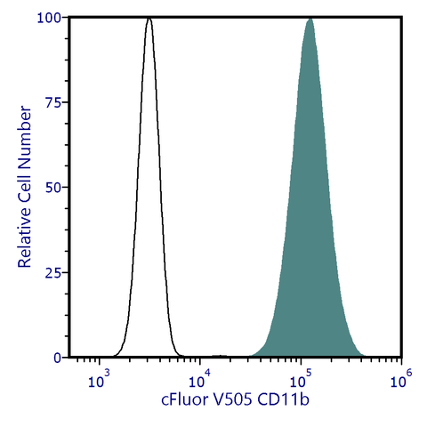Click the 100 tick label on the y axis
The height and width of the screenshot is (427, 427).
point(49,18)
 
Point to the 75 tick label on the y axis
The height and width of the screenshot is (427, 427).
point(52,102)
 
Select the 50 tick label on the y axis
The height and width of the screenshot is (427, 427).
point(52,188)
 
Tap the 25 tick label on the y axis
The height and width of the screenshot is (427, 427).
point(52,272)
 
